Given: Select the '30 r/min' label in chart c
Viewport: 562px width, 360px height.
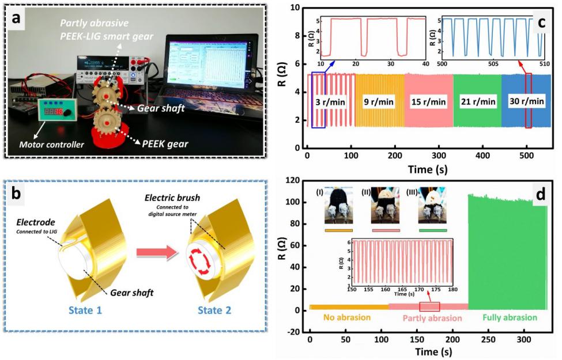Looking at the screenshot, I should pos(527,101).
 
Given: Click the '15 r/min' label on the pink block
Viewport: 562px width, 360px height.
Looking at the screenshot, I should pos(428,101).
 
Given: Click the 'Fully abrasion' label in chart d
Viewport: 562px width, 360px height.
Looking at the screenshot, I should pos(510,318).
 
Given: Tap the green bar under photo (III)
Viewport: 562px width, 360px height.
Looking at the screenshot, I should pos(432,230).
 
